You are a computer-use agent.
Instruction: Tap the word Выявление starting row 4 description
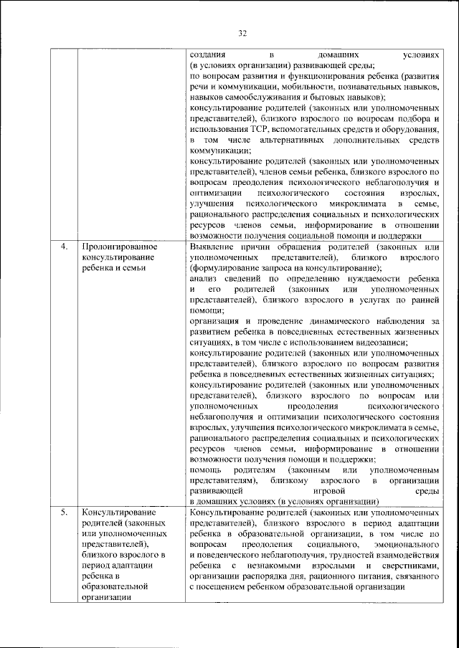(x=213, y=247)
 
